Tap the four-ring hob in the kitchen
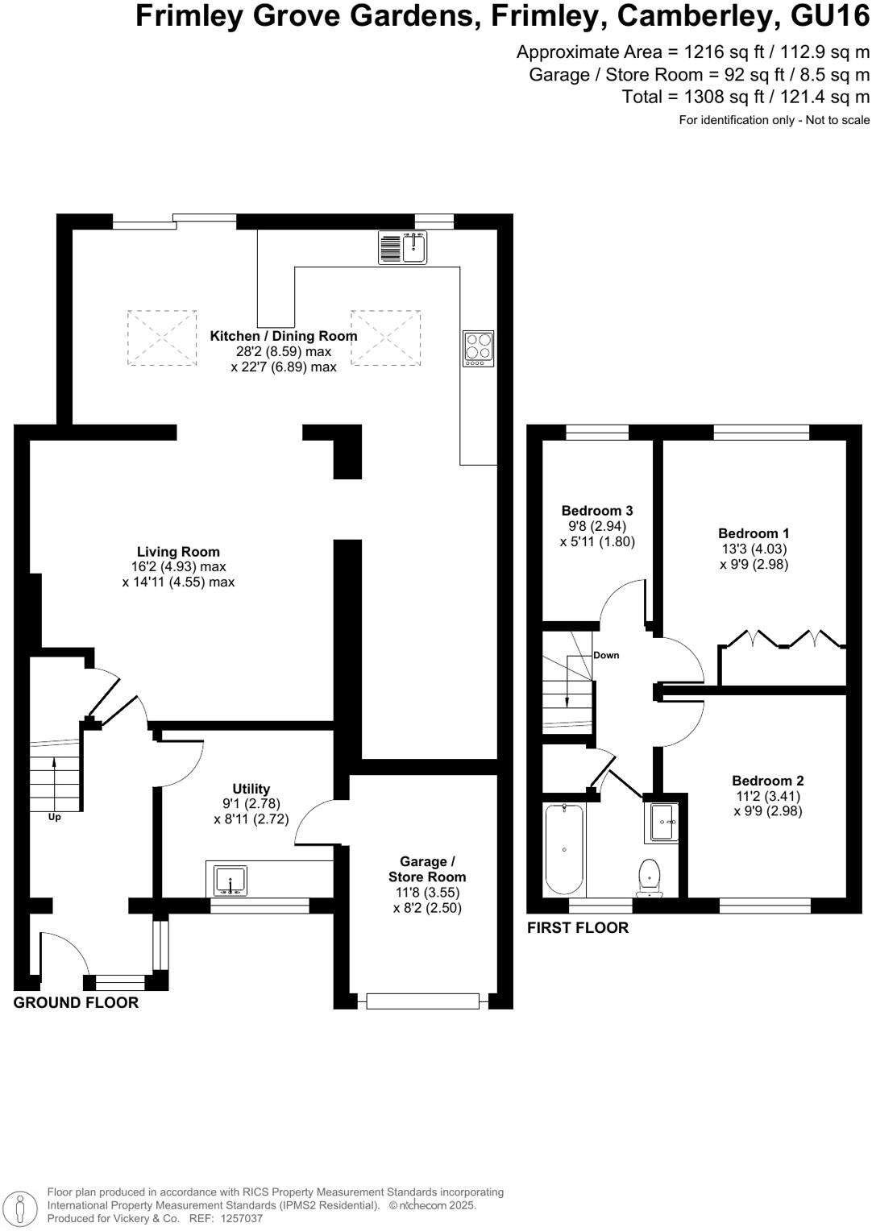478,348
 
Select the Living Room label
178,552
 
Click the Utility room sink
231,880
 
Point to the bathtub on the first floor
564,849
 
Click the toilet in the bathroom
650,877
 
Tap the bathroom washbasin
664,822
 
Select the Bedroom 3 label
597,511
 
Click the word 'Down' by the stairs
606,655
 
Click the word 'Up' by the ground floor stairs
55,817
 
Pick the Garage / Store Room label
427,869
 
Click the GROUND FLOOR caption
77,1003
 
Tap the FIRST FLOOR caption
578,928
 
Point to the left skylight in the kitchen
162,338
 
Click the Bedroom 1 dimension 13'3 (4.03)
754,549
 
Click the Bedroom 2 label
767,781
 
